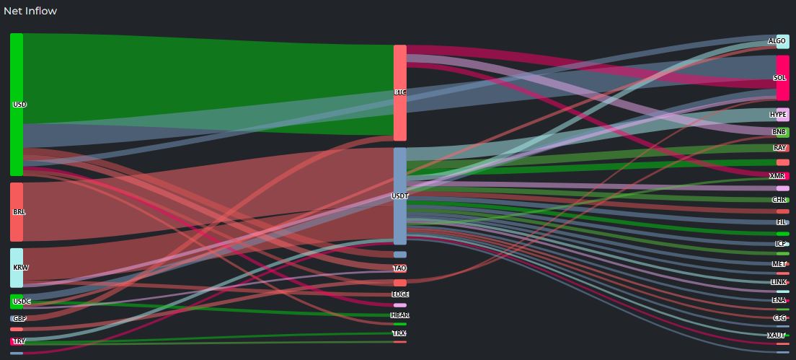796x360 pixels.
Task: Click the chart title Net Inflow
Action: pos(30,11)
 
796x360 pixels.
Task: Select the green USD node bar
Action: pos(17,104)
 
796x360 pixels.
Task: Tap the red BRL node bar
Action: pos(17,212)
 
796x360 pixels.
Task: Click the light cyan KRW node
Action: pos(17,268)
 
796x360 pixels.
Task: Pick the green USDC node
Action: pos(17,301)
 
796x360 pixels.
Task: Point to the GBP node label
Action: pos(19,318)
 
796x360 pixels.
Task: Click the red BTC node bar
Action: pos(400,92)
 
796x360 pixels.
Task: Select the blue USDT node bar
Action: pos(400,196)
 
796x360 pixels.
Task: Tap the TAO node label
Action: pos(400,268)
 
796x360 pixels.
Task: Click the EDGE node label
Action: pos(400,294)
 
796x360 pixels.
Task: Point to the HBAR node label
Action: pos(400,315)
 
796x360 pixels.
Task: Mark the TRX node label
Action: pos(399,333)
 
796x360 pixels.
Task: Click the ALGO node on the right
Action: pos(777,41)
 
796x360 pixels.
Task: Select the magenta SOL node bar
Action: pos(782,78)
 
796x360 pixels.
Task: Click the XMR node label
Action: pos(777,176)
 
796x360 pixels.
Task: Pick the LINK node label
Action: pos(779,282)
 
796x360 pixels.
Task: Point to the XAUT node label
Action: pos(776,335)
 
